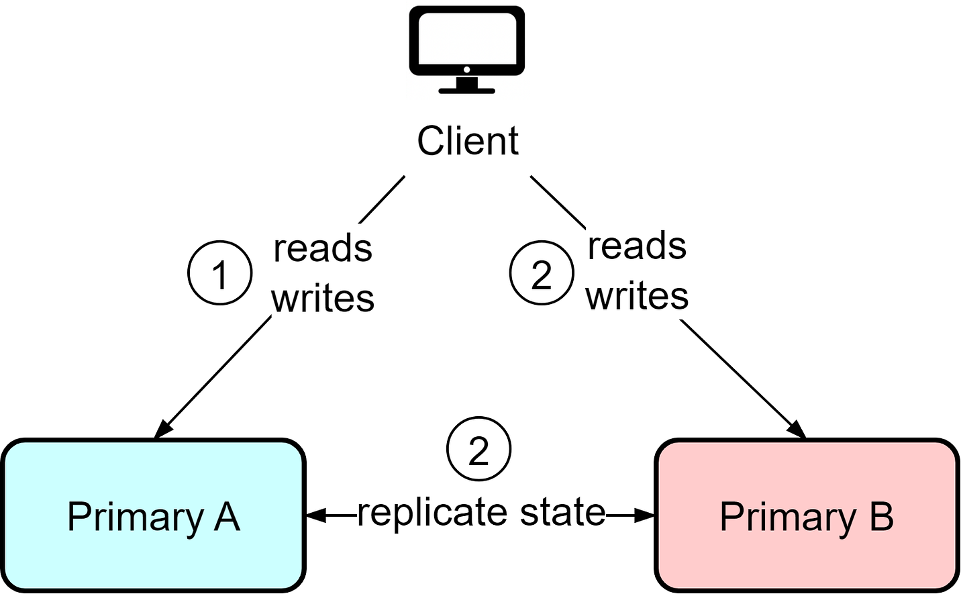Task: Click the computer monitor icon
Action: (467, 50)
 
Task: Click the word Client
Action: (468, 141)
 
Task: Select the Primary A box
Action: (153, 515)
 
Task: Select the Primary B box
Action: (807, 515)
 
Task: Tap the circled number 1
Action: (219, 273)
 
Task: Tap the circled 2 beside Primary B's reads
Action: (542, 273)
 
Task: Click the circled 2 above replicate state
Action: (478, 449)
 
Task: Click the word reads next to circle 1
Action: (323, 248)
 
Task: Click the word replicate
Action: (432, 513)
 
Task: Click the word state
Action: (562, 511)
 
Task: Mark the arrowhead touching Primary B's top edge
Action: (797, 429)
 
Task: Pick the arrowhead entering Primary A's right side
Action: (316, 515)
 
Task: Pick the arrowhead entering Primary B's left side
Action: (644, 515)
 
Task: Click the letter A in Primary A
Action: (226, 516)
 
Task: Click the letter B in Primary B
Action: (880, 516)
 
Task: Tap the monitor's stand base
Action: (467, 91)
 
